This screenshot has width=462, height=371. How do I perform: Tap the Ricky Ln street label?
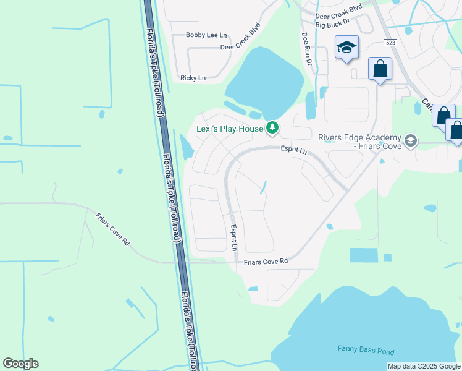(193, 78)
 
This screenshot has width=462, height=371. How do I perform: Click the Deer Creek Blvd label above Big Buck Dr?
(338, 11)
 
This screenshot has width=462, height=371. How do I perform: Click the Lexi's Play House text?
(230, 129)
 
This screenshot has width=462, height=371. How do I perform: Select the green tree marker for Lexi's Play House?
(272, 129)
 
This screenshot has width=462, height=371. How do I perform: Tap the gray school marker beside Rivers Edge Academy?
(410, 142)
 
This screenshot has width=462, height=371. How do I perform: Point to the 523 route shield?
(389, 42)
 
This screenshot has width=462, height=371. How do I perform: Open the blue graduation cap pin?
(346, 46)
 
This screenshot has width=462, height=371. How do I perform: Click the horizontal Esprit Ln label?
(293, 148)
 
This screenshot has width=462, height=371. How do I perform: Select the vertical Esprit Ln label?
(234, 237)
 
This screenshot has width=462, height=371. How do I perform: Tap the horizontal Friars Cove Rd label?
(266, 262)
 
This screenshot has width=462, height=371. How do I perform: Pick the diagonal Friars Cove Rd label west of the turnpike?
(112, 229)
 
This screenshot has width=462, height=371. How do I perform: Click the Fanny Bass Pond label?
(366, 349)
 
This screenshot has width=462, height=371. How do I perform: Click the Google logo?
(20, 364)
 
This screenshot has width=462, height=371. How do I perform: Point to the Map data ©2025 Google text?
(423, 366)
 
